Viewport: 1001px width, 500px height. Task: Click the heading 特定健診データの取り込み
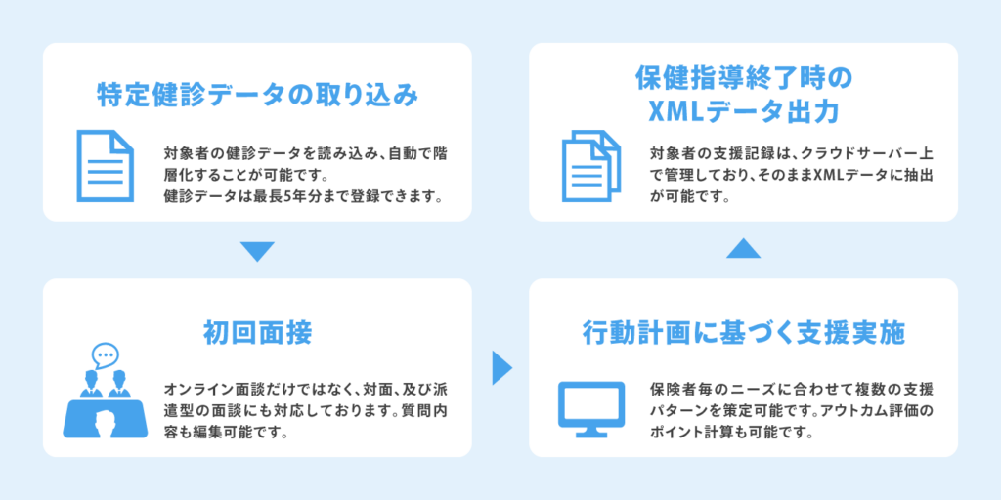tap(257, 95)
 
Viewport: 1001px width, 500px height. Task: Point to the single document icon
tap(106, 166)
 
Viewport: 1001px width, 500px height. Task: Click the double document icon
tap(591, 166)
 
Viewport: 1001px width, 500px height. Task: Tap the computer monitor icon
tap(591, 409)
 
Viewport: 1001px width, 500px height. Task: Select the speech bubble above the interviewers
tap(106, 355)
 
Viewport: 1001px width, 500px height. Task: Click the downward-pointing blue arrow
tap(257, 251)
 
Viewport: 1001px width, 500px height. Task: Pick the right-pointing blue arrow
tap(501, 368)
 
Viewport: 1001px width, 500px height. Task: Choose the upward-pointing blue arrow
tap(744, 248)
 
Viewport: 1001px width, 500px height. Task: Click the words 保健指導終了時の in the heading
tap(744, 80)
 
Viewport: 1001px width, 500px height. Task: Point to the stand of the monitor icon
tap(591, 432)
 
